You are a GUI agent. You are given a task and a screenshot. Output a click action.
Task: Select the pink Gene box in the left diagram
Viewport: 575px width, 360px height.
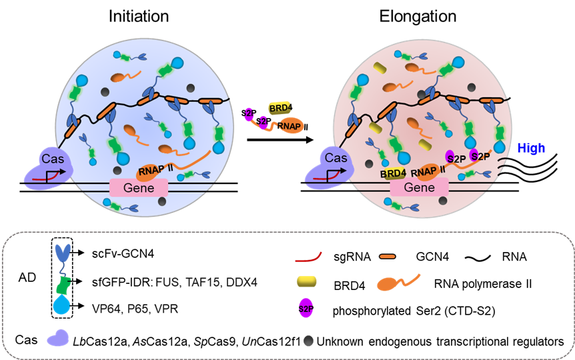click(x=139, y=188)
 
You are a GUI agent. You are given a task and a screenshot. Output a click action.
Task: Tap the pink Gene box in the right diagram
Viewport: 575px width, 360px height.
click(x=419, y=188)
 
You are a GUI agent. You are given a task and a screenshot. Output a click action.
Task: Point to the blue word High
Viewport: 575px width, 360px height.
click(x=531, y=148)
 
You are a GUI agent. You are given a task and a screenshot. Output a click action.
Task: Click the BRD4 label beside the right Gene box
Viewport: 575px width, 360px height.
click(x=394, y=173)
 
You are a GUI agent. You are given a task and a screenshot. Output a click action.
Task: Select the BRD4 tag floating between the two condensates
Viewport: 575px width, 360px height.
click(x=279, y=107)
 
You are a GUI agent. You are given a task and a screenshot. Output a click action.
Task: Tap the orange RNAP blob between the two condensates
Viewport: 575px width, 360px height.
click(x=290, y=125)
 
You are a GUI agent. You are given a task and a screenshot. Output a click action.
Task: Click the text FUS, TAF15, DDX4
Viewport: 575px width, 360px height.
click(x=206, y=282)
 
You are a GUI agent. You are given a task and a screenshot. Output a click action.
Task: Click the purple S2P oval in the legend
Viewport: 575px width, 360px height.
click(x=306, y=309)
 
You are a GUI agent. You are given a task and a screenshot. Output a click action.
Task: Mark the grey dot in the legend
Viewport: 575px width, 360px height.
click(x=307, y=340)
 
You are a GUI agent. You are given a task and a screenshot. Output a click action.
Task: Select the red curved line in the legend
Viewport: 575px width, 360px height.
click(x=309, y=255)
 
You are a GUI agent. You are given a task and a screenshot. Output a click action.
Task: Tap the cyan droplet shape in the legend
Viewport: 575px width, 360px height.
click(x=62, y=306)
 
